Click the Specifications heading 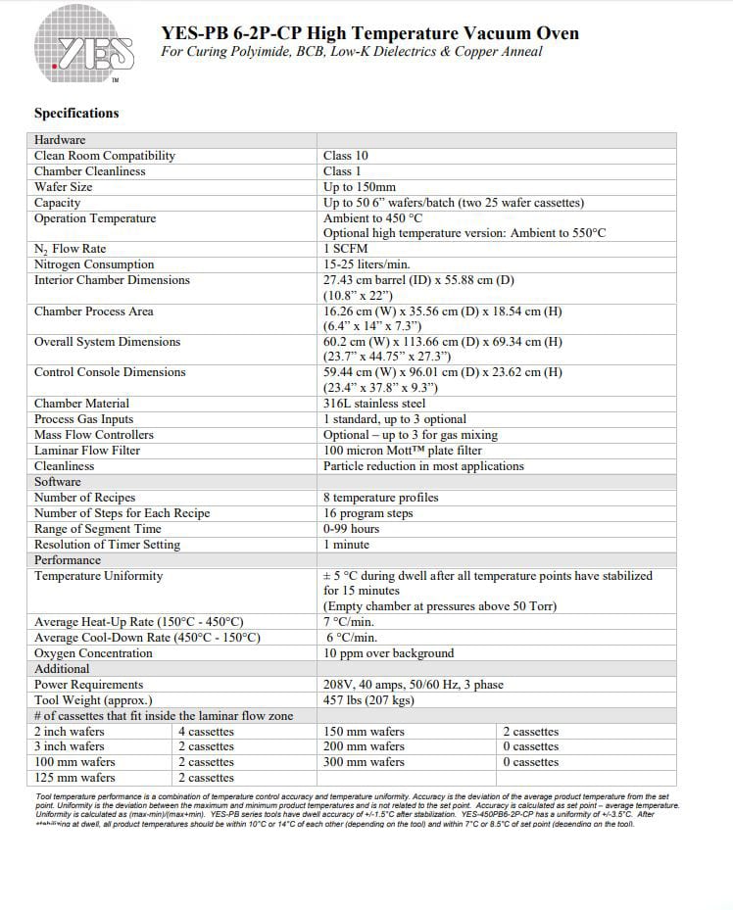76,113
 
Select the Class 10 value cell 346,156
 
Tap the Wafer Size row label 64,187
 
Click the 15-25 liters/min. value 366,264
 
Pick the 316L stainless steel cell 374,404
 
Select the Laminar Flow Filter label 87,451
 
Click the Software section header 58,482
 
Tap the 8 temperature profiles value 381,498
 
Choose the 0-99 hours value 352,529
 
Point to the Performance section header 68,560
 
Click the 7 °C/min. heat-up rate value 349,622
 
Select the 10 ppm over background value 389,653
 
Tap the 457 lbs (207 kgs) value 368,700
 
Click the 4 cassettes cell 207,732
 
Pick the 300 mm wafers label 364,762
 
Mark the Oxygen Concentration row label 93,653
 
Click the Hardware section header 60,140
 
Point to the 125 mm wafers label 74,778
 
